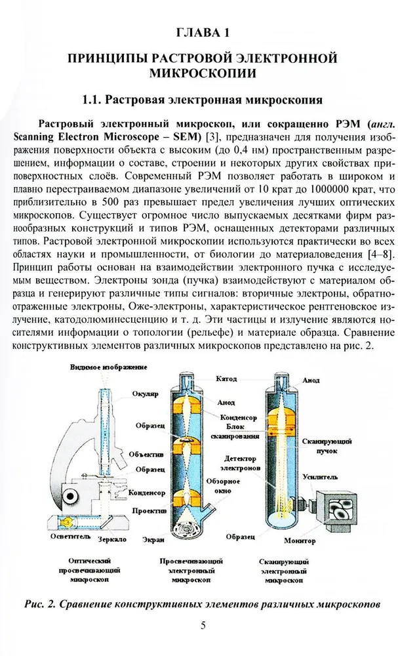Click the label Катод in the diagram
[227, 379]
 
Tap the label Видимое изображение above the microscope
[109, 367]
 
